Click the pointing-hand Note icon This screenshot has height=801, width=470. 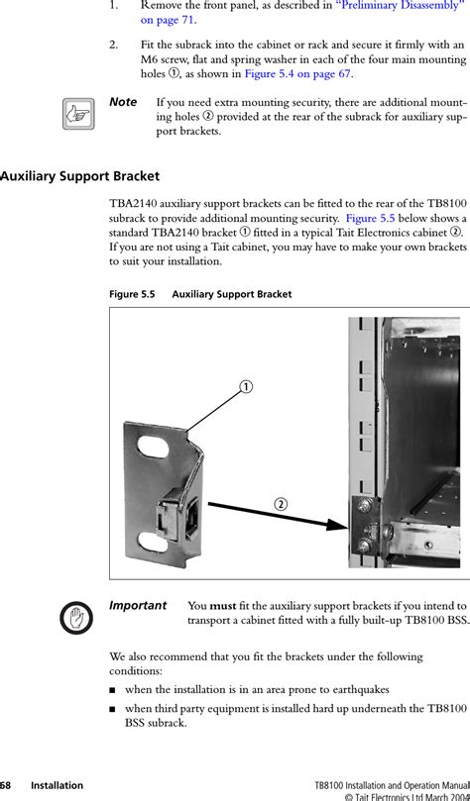(78, 114)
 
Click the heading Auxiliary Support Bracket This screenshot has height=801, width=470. (79, 177)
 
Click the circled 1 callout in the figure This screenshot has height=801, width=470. (247, 387)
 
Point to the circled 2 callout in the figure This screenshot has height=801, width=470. (280, 504)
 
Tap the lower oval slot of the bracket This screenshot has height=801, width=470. (153, 543)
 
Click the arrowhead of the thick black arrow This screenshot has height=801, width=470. (338, 526)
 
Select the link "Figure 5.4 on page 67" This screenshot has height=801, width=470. (297, 73)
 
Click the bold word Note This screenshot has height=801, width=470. (123, 102)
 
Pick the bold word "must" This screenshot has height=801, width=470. (222, 606)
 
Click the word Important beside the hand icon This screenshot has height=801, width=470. (138, 606)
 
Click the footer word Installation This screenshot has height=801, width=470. (57, 786)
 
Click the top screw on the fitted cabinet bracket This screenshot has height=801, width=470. (365, 506)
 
